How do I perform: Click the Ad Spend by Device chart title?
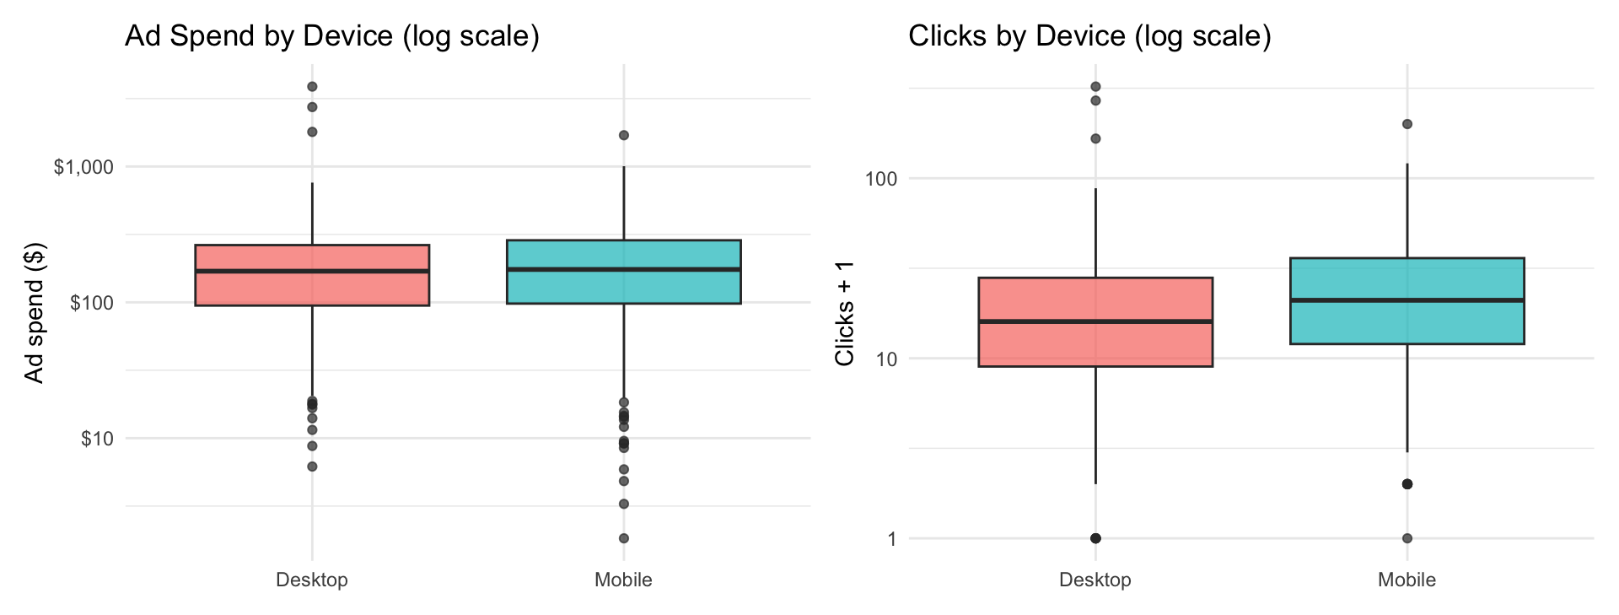click(332, 36)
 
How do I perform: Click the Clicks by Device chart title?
click(1089, 36)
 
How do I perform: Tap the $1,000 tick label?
click(83, 167)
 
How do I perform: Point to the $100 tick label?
click(92, 303)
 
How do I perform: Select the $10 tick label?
click(97, 439)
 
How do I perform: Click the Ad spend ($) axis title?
click(34, 313)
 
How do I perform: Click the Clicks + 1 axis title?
click(844, 313)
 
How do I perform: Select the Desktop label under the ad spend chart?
click(312, 580)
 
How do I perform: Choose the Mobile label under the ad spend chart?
click(623, 580)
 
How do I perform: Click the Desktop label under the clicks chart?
click(1095, 580)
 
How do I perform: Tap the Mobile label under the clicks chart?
click(1407, 580)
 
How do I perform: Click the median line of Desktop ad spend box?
click(312, 271)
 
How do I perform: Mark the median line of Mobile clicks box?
click(1407, 300)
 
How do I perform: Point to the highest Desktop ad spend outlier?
click(312, 86)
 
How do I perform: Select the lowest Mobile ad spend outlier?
click(624, 538)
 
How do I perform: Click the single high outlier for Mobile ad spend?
click(624, 135)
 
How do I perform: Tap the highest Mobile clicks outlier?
click(1407, 124)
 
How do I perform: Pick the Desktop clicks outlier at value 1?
click(1095, 538)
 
